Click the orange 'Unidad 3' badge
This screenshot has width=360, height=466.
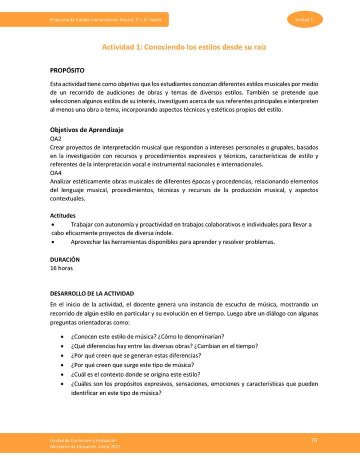(304, 19)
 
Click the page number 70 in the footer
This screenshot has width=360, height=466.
(313, 440)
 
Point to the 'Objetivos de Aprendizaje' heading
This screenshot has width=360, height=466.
(87, 129)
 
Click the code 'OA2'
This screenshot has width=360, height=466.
(55, 138)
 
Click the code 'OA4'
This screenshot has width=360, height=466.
(55, 172)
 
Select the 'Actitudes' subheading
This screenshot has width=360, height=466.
(63, 215)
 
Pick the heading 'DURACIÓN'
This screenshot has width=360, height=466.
(64, 259)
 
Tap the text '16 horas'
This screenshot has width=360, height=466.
(61, 268)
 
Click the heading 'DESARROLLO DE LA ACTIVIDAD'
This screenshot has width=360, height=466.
(92, 293)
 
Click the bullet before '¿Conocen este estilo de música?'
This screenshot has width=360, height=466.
(61, 336)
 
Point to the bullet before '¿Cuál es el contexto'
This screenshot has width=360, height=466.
(61, 374)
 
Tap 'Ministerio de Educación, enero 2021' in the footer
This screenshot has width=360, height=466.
(84, 446)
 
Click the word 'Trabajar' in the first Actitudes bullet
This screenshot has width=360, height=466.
(82, 224)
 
